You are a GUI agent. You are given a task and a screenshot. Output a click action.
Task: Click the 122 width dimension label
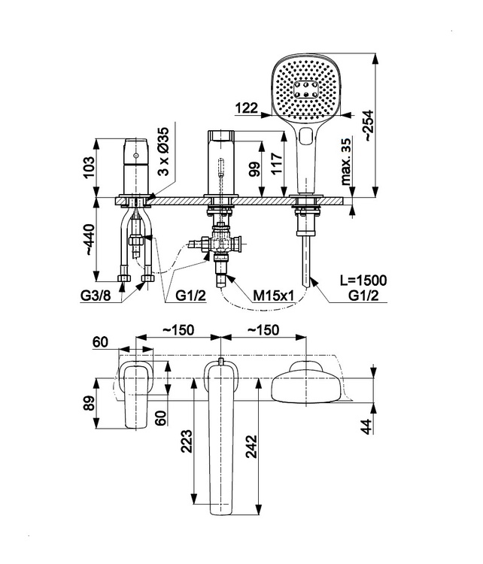point(247,108)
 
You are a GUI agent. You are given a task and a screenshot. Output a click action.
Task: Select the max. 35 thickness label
point(345,162)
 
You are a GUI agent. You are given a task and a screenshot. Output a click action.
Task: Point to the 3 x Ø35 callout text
point(164,151)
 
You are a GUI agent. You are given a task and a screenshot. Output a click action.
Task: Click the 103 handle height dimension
point(89,167)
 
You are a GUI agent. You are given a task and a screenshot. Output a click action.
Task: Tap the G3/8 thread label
point(96,296)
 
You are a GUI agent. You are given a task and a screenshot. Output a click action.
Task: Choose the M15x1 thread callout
point(274,296)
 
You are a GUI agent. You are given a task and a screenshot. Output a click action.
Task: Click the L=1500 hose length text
point(363,280)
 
